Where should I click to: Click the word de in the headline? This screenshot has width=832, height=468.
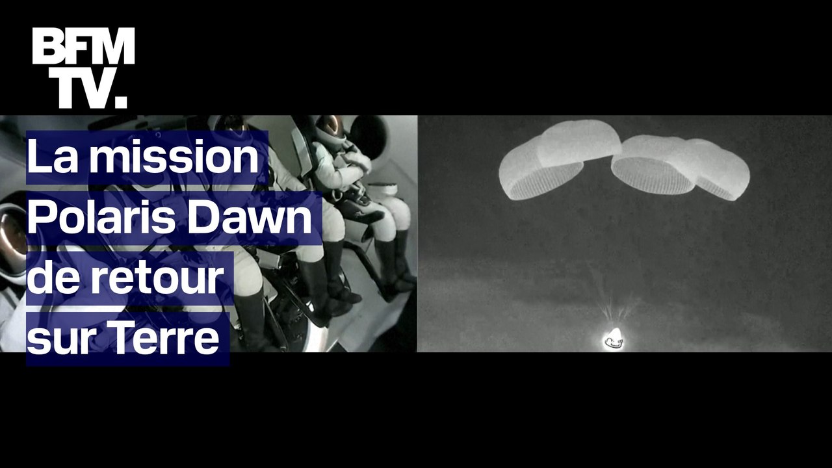(x=52, y=278)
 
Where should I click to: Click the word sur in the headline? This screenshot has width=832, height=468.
(x=58, y=339)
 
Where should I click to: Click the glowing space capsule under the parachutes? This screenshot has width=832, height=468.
(x=613, y=338)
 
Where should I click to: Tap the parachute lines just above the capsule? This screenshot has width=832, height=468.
(x=614, y=312)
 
